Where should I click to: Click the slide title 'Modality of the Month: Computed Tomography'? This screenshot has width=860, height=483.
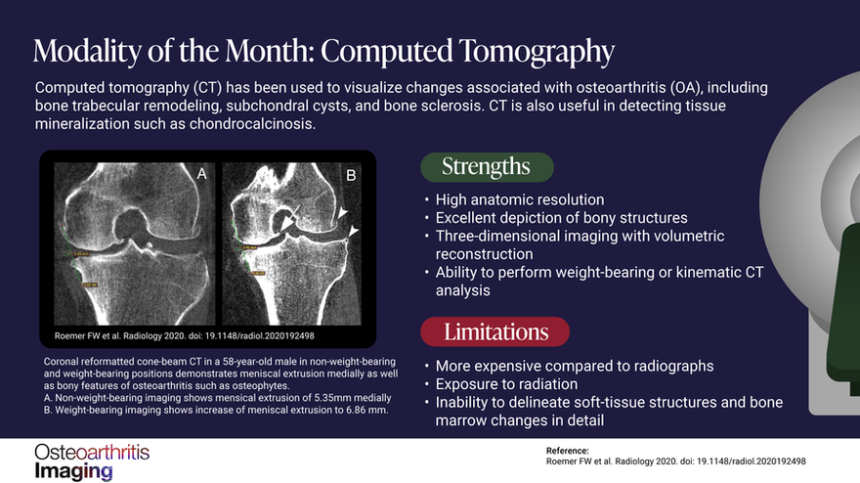coord(322,50)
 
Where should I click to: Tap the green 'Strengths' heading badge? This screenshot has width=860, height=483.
coord(487,166)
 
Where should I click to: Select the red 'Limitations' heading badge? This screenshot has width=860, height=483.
coord(497,330)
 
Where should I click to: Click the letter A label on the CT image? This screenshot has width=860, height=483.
coord(201,174)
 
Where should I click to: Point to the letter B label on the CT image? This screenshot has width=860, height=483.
coord(352,177)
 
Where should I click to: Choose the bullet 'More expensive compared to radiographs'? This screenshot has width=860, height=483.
coord(575,366)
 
